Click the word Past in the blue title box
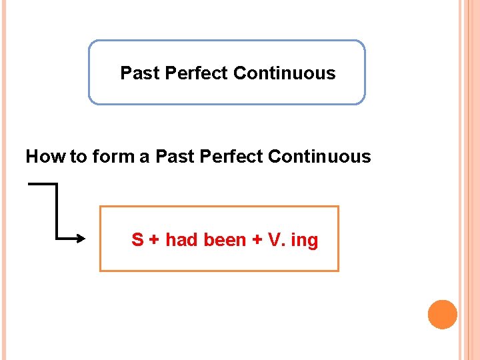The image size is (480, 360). point(139,73)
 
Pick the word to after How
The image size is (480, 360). point(78,157)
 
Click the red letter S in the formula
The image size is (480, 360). point(137,240)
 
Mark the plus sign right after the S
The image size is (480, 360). point(153,240)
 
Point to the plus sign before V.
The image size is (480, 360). point(257,240)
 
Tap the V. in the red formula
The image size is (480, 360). point(276,240)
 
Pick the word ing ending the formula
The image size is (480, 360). point(305,241)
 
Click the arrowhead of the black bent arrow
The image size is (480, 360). point(81,238)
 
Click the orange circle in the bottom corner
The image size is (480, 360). point(443,315)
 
